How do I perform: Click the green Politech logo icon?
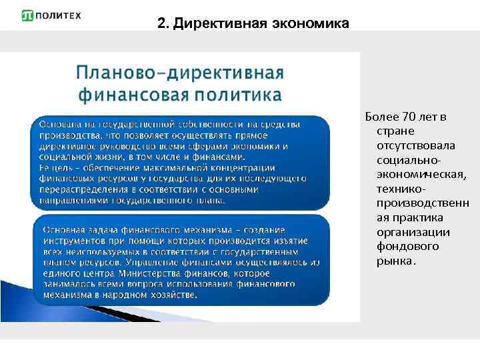28,15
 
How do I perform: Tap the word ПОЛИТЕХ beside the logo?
58,15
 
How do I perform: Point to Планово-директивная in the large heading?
180,73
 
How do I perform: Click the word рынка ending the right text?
394,261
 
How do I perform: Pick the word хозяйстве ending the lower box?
175,294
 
